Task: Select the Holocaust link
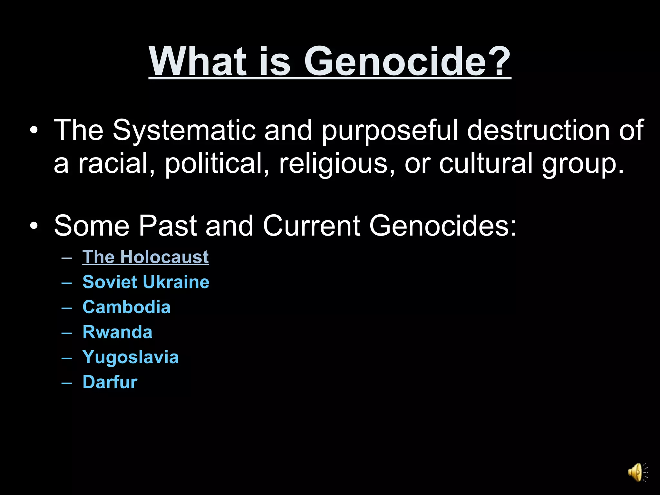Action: click(145, 257)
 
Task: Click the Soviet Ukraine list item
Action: click(146, 282)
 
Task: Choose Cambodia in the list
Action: click(126, 307)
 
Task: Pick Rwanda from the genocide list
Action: click(117, 332)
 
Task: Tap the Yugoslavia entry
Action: click(131, 357)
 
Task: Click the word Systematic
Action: click(184, 131)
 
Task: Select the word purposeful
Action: click(390, 131)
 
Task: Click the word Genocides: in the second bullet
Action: click(443, 226)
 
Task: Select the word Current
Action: click(312, 226)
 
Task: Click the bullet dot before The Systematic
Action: click(34, 131)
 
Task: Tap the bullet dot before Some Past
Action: click(34, 226)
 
